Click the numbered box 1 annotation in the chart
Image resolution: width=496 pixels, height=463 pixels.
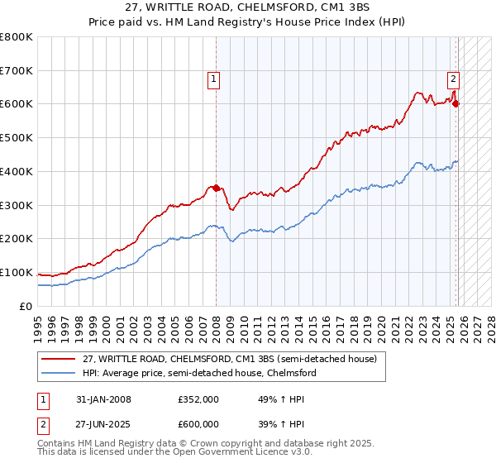(x=213, y=79)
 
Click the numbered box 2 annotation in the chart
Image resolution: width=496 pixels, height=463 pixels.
(x=454, y=79)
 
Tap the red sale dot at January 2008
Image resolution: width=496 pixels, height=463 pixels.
(x=217, y=188)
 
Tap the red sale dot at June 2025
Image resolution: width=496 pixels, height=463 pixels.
(x=456, y=104)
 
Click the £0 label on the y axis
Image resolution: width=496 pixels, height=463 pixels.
(x=26, y=306)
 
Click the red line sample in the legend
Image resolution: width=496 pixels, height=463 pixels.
(x=60, y=359)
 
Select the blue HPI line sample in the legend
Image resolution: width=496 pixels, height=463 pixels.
(x=60, y=373)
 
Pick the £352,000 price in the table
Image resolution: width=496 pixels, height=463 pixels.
(x=198, y=399)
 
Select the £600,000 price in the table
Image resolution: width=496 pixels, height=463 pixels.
(x=198, y=423)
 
